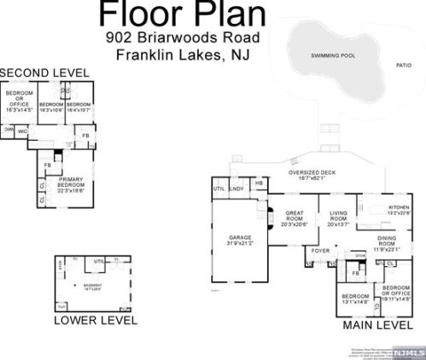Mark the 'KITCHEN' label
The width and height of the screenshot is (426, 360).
click(x=400, y=208)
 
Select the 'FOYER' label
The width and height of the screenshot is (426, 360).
click(x=319, y=251)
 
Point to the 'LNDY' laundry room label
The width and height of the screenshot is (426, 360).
click(x=236, y=188)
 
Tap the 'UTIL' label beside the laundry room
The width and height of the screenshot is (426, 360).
click(x=219, y=188)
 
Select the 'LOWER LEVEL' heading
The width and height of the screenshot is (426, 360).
click(x=96, y=321)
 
